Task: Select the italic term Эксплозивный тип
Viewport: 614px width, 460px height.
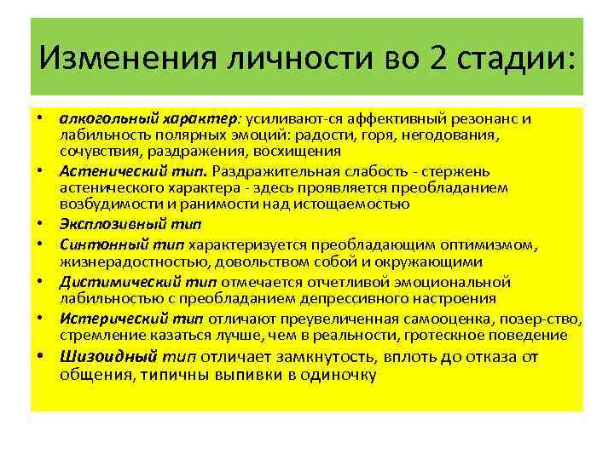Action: click(129, 225)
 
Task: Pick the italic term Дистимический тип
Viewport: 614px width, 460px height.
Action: click(139, 281)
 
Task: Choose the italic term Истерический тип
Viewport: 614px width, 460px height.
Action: click(131, 319)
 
